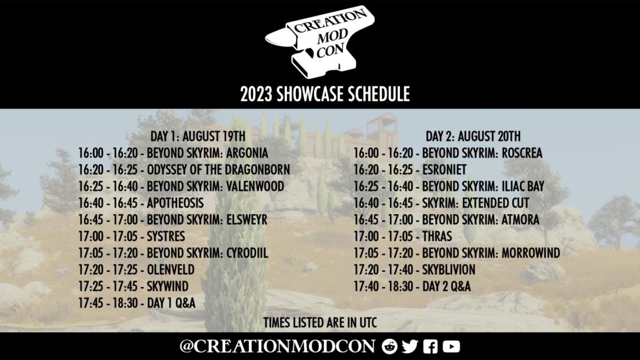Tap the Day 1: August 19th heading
pyautogui.click(x=198, y=136)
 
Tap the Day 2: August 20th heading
pyautogui.click(x=473, y=136)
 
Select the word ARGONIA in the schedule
pyautogui.click(x=247, y=153)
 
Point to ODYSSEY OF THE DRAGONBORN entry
pyautogui.click(x=218, y=170)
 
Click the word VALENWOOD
pyautogui.click(x=255, y=186)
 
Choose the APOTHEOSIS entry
pyautogui.click(x=175, y=204)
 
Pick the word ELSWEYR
pyautogui.click(x=246, y=220)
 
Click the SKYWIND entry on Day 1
pyautogui.click(x=167, y=286)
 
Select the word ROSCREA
pyautogui.click(x=522, y=153)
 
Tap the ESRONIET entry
pyautogui.click(x=444, y=170)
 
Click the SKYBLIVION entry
pyautogui.click(x=449, y=270)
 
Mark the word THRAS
pyautogui.click(x=437, y=236)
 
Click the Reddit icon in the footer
pyautogui.click(x=389, y=346)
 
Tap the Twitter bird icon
pyautogui.click(x=410, y=346)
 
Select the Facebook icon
pyautogui.click(x=430, y=346)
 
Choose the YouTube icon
pyautogui.click(x=451, y=346)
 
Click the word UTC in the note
pyautogui.click(x=368, y=322)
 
